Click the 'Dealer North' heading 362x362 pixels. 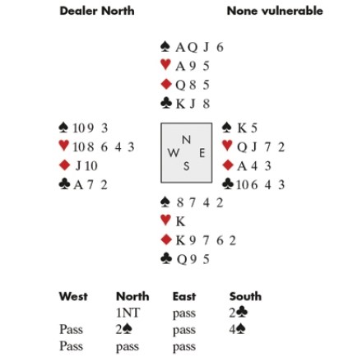click(x=97, y=11)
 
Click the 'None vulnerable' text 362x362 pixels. click(x=275, y=11)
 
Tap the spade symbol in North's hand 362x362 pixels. click(x=165, y=47)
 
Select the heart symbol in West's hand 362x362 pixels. click(x=64, y=146)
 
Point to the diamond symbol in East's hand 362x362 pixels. click(x=228, y=165)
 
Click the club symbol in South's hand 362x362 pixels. click(x=166, y=258)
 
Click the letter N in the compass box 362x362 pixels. click(x=187, y=140)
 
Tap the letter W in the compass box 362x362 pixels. click(x=174, y=153)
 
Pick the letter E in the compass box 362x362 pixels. click(x=202, y=153)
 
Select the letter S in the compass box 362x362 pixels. click(x=187, y=166)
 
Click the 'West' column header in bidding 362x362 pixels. click(x=73, y=296)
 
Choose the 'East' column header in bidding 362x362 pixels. click(x=184, y=296)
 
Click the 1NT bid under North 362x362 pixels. click(x=128, y=313)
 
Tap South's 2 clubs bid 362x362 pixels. click(x=239, y=313)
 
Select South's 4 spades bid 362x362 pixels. click(x=238, y=329)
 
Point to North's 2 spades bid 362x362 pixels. click(x=124, y=329)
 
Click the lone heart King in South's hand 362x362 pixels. click(x=180, y=221)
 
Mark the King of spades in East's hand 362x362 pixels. click(x=242, y=128)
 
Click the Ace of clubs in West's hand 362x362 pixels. click(x=78, y=185)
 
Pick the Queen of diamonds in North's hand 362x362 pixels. click(x=181, y=85)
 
